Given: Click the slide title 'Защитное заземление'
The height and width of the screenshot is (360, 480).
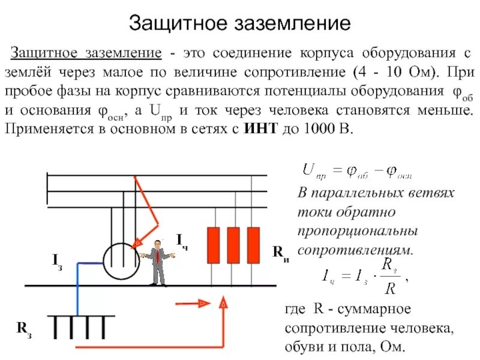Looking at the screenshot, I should tap(239, 23).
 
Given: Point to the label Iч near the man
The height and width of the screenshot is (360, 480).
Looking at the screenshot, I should tap(182, 240).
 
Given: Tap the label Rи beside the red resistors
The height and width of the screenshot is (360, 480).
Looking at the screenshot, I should tap(281, 252).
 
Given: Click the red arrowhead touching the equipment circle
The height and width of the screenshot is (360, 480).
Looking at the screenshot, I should tap(137, 242).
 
